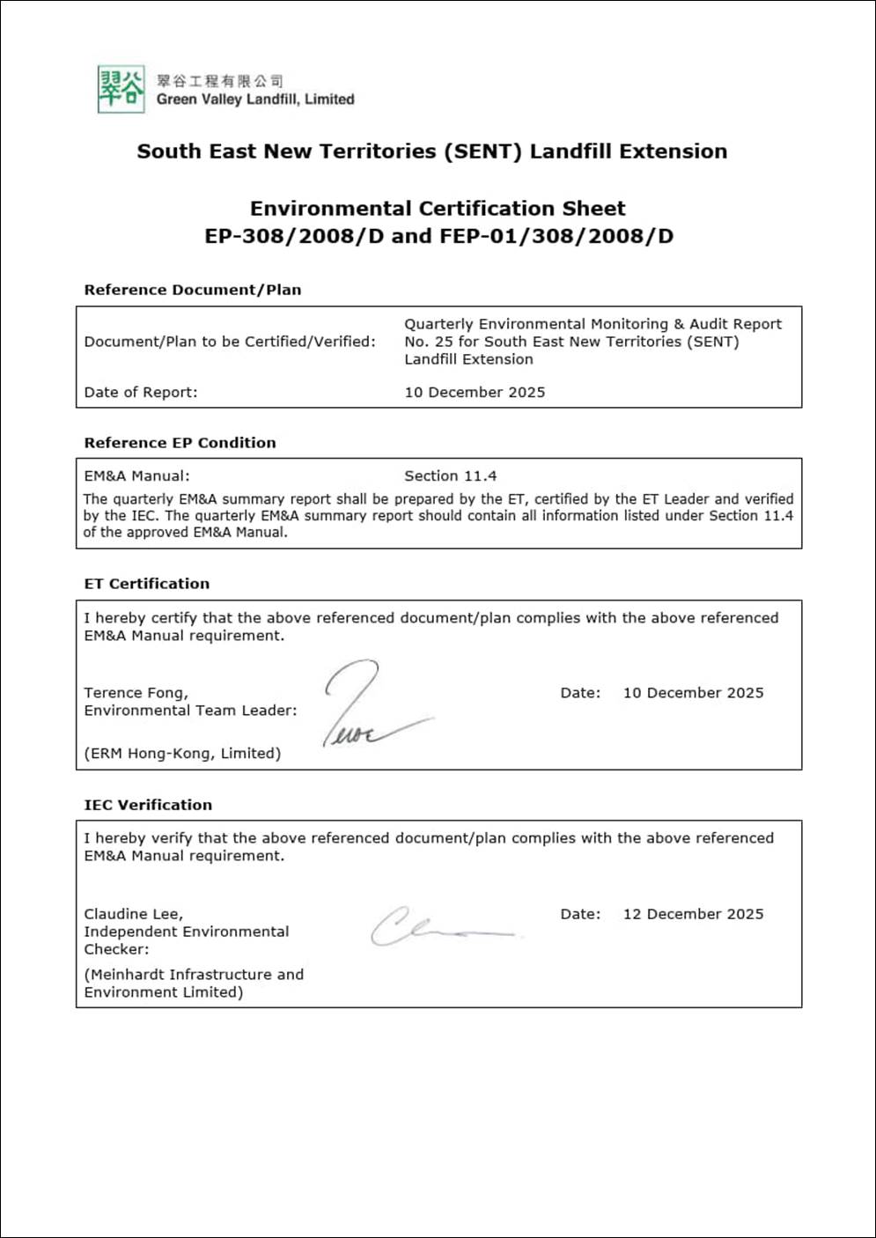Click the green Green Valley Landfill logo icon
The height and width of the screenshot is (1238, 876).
point(121,89)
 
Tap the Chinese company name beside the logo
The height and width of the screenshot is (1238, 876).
point(219,81)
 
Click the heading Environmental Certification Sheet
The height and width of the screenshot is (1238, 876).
point(438,209)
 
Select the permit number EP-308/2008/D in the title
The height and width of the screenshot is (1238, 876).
point(294,236)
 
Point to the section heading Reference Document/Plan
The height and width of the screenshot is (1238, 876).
point(192,290)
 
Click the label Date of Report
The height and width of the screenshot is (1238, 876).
point(141,393)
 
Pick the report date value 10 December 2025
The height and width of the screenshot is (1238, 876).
point(475,393)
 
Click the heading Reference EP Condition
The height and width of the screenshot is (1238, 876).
point(180,443)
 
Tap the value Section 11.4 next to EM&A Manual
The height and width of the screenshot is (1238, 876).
point(450,476)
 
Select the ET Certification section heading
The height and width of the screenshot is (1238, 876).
point(146,584)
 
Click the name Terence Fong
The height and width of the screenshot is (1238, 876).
point(136,693)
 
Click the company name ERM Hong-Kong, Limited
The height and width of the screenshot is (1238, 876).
point(182,754)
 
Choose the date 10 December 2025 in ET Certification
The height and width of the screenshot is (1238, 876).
point(693,693)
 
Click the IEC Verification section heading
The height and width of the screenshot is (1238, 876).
point(148,805)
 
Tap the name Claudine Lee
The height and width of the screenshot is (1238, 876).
point(133,914)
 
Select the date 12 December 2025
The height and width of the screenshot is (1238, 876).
point(693,914)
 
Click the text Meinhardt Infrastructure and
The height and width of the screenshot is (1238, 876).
point(194,975)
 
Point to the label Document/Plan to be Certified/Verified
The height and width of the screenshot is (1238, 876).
point(229,342)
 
